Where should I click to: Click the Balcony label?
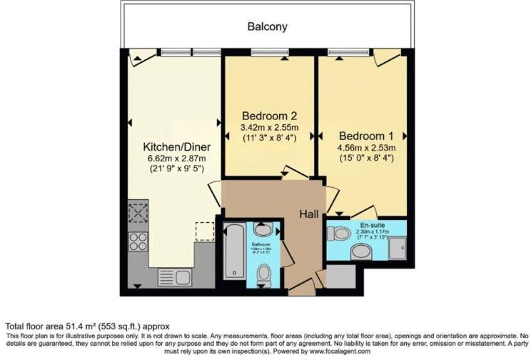point(268,26)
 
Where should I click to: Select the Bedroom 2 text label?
point(268,116)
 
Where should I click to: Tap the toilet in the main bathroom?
point(263,274)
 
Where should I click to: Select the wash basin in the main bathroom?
point(263,230)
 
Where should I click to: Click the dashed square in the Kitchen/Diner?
point(204,231)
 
